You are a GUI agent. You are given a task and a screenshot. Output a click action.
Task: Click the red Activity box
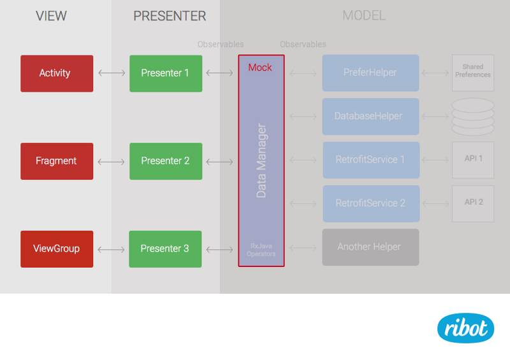click(57, 73)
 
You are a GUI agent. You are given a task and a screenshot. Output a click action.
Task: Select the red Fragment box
click(57, 161)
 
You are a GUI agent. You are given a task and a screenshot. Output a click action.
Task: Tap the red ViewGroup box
click(57, 248)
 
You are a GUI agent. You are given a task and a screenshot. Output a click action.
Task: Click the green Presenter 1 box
click(166, 73)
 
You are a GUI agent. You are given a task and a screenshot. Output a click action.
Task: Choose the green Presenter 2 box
click(166, 161)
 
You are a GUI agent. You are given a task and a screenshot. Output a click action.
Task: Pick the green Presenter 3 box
click(166, 248)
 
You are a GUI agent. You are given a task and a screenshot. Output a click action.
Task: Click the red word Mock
click(260, 68)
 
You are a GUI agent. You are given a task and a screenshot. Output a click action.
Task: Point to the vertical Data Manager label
click(261, 161)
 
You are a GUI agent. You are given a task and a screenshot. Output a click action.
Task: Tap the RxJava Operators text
click(261, 249)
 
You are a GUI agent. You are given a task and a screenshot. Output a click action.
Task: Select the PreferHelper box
click(370, 73)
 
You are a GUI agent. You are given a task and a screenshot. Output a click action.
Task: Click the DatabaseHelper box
click(370, 117)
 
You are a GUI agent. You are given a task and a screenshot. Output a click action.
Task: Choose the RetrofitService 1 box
click(370, 160)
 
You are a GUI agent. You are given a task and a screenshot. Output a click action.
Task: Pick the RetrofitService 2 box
click(370, 203)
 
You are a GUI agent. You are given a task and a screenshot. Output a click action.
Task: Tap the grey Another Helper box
click(370, 247)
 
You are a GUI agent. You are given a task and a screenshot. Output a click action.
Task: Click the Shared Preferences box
click(473, 71)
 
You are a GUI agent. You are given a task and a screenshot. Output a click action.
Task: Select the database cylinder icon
click(473, 116)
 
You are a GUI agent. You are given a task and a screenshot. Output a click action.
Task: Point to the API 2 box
click(473, 203)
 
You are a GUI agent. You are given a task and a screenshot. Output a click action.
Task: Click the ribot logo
click(465, 328)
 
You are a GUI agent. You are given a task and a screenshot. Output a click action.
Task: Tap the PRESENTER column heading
click(170, 16)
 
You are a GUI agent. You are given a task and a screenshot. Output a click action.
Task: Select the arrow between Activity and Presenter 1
click(112, 73)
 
